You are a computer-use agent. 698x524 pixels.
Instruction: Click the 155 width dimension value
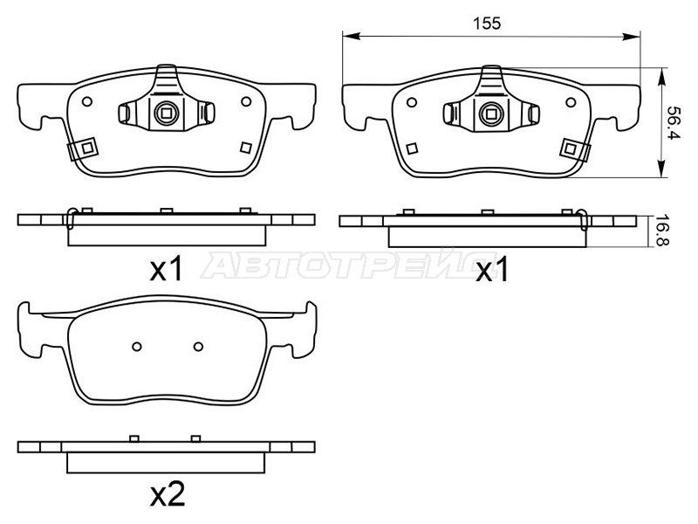487,24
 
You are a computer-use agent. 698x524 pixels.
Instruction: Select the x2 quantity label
168,494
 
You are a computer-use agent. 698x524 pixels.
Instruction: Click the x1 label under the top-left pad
167,269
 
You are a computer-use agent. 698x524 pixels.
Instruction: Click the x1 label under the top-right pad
492,270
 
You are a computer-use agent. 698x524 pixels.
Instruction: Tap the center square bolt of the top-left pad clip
167,114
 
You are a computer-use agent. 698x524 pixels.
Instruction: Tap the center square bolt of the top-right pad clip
491,114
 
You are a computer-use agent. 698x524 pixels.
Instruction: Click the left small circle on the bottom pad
137,346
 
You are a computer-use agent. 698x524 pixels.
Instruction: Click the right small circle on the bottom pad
199,346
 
